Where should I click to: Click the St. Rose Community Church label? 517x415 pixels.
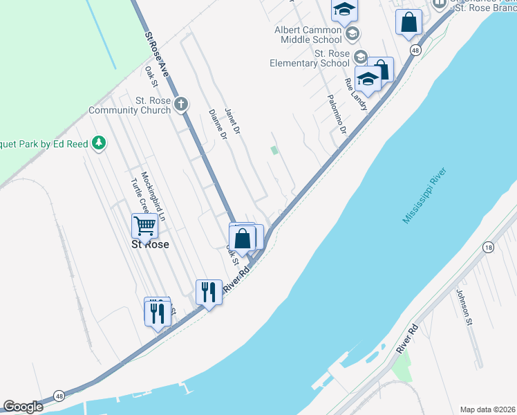tap(130, 105)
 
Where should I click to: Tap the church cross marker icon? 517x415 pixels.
tap(181, 104)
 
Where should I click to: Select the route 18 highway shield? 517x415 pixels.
tap(489, 247)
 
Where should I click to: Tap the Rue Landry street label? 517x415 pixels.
tap(356, 93)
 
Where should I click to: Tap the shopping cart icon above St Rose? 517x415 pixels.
tap(144, 225)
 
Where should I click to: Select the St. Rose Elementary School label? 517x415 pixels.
tap(332, 58)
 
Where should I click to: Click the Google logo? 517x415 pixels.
tap(23, 407)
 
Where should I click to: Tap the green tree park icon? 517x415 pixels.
tap(100, 143)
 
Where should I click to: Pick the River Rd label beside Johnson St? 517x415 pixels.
tap(408, 340)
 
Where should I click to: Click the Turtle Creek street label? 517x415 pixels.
tap(138, 195)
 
